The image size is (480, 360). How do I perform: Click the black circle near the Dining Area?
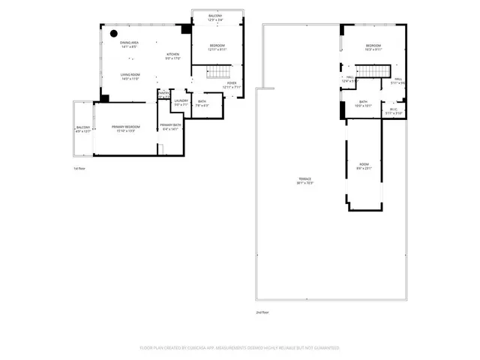pos(112,33)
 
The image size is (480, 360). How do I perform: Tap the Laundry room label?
pos(181,102)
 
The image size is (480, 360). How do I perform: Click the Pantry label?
pos(163,94)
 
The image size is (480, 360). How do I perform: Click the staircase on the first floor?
pos(217,72)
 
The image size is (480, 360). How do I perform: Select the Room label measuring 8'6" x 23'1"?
pos(364,166)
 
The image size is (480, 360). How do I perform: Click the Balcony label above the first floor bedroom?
pos(216,17)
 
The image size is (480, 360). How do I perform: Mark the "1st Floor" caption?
pos(79,169)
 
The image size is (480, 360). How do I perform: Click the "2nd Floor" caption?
pos(262,312)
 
